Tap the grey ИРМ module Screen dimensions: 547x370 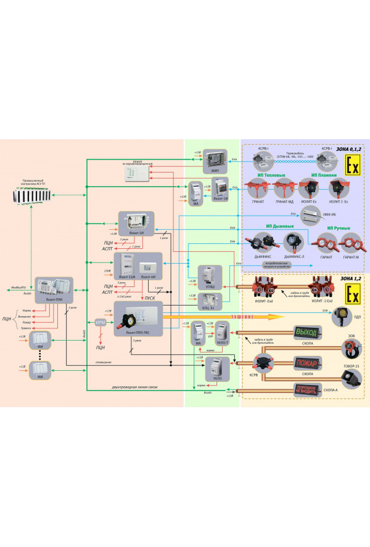tap(101, 323)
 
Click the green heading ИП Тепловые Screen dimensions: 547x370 tap(274, 175)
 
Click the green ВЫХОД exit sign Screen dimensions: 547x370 tap(306, 333)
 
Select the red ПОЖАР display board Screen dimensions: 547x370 tap(306, 362)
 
